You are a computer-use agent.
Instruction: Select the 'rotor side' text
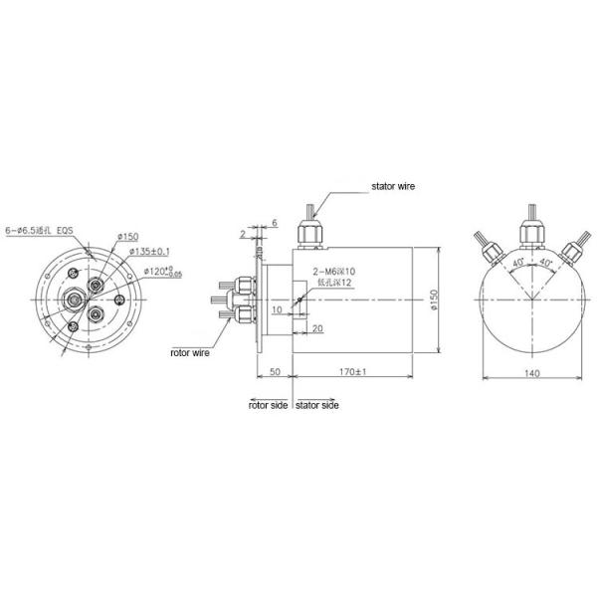point(268,406)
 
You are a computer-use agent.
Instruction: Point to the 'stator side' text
point(317,406)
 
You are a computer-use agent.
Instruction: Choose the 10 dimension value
point(276,310)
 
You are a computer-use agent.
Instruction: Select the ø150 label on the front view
point(127,236)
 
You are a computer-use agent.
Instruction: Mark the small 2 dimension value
point(242,235)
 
